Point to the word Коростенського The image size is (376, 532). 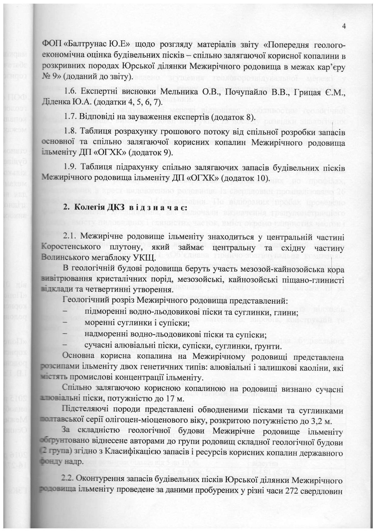(69, 247)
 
